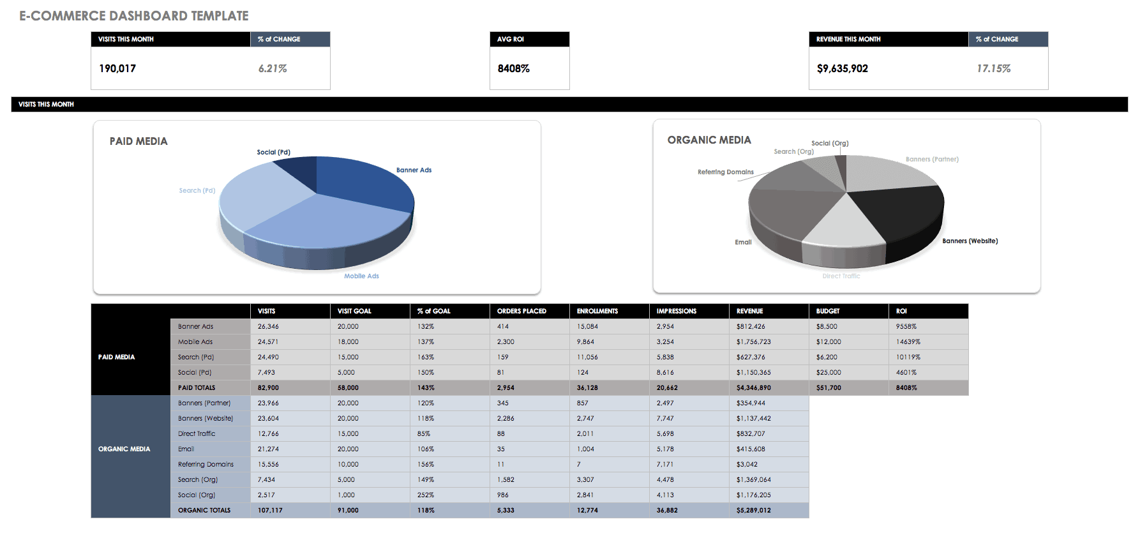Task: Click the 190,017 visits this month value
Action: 117,68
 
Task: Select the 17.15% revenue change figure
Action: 993,68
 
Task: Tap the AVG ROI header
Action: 511,39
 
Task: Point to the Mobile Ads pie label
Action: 361,276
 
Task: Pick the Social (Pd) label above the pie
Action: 273,152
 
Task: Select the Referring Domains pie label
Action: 725,172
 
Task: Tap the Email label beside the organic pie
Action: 743,242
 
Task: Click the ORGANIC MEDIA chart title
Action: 709,140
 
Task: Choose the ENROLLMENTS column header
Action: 597,311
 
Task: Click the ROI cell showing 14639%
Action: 908,342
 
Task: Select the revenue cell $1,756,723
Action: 753,342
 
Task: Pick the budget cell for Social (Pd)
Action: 829,372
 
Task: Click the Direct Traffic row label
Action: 197,433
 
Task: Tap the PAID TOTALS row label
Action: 197,387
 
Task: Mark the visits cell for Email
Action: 268,449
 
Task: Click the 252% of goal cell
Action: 426,495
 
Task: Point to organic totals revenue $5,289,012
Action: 753,510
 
